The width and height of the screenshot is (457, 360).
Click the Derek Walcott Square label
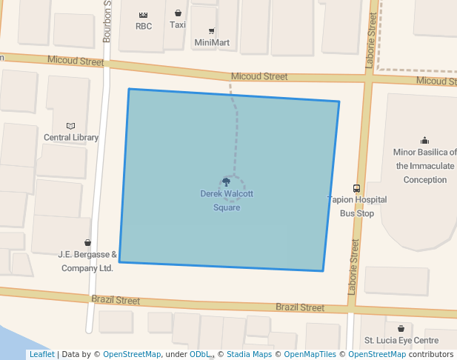point(227,201)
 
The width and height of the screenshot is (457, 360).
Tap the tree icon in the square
point(227,181)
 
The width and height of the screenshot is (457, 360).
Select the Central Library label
point(71,137)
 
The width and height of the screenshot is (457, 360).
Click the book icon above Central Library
point(71,126)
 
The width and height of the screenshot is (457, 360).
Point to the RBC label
point(144,26)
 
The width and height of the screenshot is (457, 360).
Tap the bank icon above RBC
point(144,14)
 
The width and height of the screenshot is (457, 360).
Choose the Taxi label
point(178,24)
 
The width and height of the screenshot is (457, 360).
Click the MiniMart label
point(212,42)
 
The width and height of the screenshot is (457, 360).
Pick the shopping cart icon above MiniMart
point(212,31)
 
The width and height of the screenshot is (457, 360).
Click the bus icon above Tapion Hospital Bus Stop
point(356,188)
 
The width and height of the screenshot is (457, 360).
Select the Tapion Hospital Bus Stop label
point(358,206)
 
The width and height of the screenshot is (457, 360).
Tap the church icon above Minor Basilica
point(424,140)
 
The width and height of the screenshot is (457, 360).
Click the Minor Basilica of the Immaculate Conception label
point(420,166)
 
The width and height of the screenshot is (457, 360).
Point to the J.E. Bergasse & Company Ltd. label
point(87,261)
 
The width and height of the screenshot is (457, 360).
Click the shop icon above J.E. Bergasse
point(87,242)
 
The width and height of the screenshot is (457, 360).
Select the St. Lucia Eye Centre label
point(401,341)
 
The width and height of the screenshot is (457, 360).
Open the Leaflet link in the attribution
point(41,354)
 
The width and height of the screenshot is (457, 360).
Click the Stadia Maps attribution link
point(249,354)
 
